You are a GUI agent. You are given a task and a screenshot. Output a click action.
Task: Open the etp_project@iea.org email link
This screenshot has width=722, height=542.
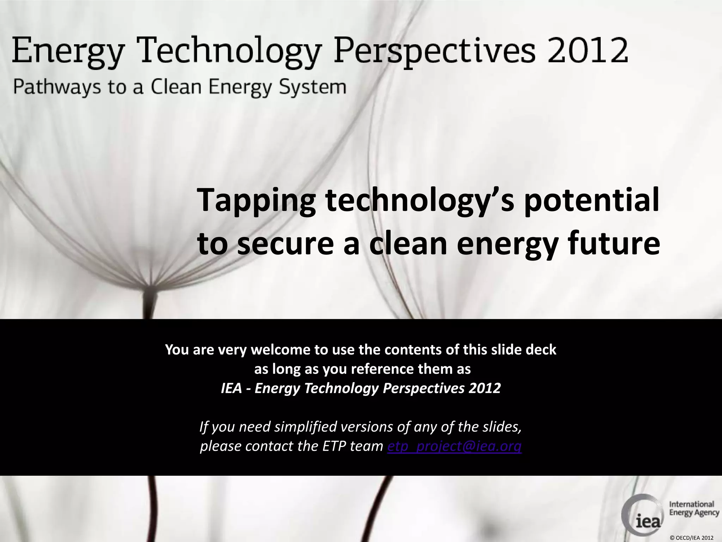pos(454,446)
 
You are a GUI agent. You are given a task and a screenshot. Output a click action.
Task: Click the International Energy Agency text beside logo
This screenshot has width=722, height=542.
pos(694,508)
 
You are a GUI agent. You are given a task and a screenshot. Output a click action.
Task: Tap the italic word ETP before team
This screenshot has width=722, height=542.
pos(334,446)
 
